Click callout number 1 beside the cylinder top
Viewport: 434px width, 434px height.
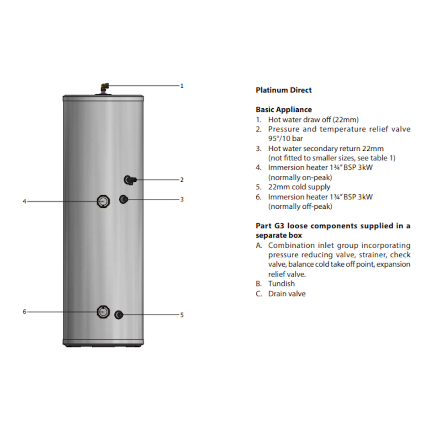(x=182, y=85)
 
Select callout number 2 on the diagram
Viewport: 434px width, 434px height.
(x=182, y=180)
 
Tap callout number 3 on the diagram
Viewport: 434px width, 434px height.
(x=182, y=199)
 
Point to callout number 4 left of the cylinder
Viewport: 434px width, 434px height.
(x=25, y=201)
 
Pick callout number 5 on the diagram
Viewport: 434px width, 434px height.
(x=182, y=315)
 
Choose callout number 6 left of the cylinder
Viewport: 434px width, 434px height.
(x=25, y=312)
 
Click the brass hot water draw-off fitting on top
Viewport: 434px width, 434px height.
(x=105, y=87)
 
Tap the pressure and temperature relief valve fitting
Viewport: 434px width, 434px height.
(x=130, y=180)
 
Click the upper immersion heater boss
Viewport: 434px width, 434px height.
(x=104, y=201)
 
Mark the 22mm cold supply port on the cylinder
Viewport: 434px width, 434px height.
(x=119, y=314)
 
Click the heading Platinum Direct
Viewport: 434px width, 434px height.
(x=283, y=90)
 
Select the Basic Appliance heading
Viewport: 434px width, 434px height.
(x=284, y=110)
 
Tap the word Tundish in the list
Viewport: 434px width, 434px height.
(x=281, y=284)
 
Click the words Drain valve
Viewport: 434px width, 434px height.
(x=287, y=294)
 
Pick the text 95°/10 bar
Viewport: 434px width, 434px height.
(x=286, y=138)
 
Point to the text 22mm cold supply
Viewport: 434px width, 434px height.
(x=299, y=187)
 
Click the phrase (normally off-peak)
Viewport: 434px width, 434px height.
(x=300, y=206)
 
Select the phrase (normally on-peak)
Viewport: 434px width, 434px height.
(x=300, y=177)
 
